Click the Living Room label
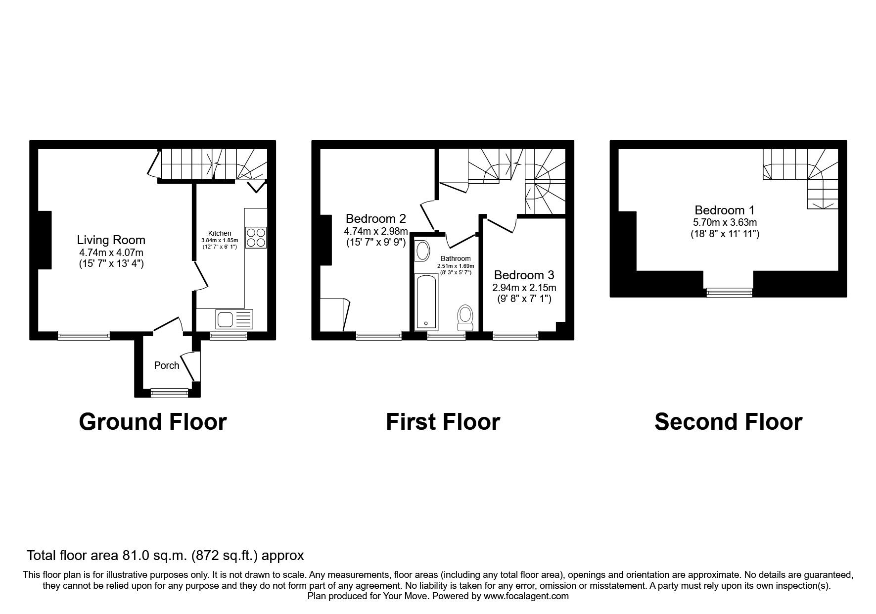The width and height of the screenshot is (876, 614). [x=111, y=240]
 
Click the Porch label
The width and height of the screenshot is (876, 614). [x=167, y=365]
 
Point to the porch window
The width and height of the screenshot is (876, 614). [x=170, y=393]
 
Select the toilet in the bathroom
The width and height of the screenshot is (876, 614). [x=465, y=317]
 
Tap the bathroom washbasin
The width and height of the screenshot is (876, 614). [x=423, y=251]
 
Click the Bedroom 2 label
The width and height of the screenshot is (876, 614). [x=376, y=218]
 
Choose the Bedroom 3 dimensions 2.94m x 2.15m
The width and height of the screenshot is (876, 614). [x=524, y=288]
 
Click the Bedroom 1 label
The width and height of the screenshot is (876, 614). [x=725, y=210]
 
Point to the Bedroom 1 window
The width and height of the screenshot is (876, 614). [x=729, y=293]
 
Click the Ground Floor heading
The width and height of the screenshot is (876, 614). [x=153, y=422]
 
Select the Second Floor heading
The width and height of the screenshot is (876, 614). [x=728, y=422]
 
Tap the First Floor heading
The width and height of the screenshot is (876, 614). [x=443, y=422]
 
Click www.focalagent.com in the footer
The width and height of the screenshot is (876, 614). [x=526, y=596]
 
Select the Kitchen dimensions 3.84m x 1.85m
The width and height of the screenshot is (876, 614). [x=220, y=240]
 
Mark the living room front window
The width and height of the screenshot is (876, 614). [x=84, y=335]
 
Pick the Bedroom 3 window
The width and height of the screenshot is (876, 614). [x=515, y=335]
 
